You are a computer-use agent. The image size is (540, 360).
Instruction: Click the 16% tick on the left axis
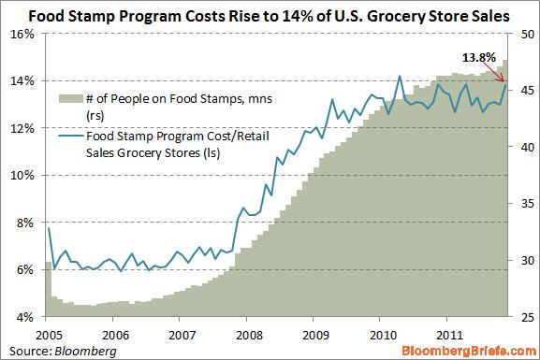[23, 34]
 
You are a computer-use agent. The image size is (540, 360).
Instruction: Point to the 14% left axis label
[23, 80]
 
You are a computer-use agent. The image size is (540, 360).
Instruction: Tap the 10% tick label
[23, 175]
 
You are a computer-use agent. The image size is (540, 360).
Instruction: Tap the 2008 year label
[248, 333]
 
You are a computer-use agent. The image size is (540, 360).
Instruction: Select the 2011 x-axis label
[448, 333]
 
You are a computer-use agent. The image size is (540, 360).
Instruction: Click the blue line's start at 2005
[47, 228]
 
